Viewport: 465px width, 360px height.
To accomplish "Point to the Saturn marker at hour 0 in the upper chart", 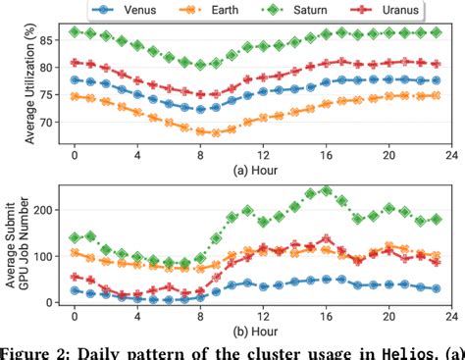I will coord(75,32).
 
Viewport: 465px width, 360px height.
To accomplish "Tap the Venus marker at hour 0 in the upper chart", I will coord(75,80).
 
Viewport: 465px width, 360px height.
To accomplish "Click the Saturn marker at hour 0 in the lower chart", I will coord(75,238).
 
